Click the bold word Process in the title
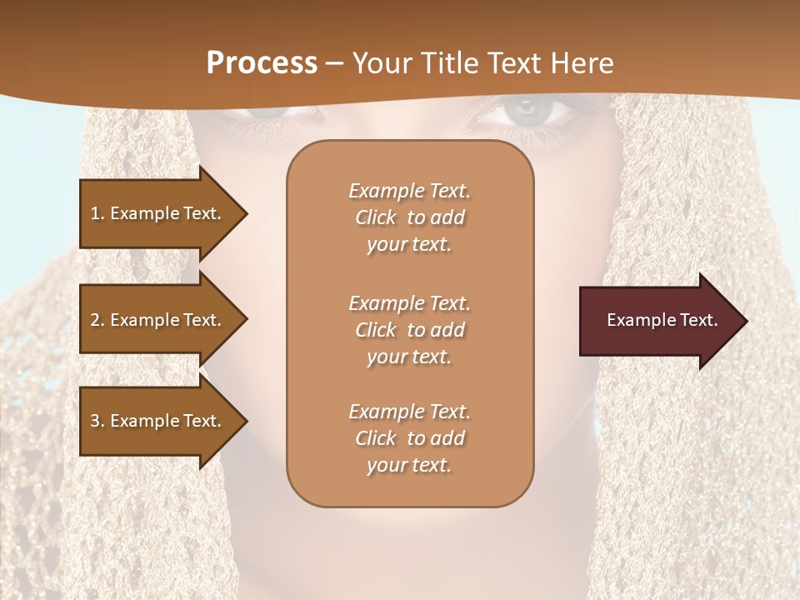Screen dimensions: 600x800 pos(262,63)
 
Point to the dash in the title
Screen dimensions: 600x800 pos(335,64)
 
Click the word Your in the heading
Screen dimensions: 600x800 pos(380,63)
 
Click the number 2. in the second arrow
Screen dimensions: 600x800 pos(97,320)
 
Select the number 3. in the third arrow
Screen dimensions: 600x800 pos(97,421)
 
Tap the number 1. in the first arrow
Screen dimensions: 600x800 pos(97,213)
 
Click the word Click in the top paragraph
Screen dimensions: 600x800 pos(376,217)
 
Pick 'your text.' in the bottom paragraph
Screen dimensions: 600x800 pos(409,465)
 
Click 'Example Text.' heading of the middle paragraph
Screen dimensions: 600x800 pos(409,302)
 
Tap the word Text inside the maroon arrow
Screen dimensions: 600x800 pos(696,320)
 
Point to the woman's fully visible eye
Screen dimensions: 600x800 pos(525,110)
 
